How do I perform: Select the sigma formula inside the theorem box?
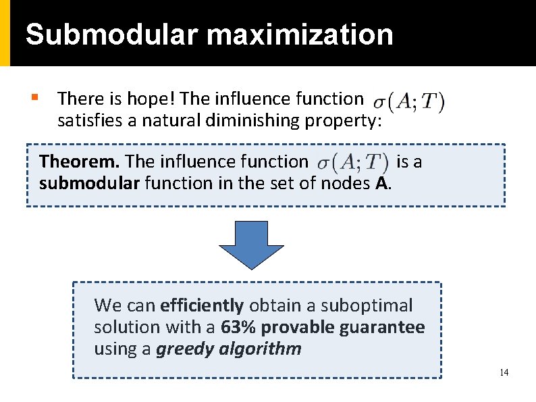point(353,162)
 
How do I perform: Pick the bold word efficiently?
point(201,305)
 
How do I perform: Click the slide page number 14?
point(504,373)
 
